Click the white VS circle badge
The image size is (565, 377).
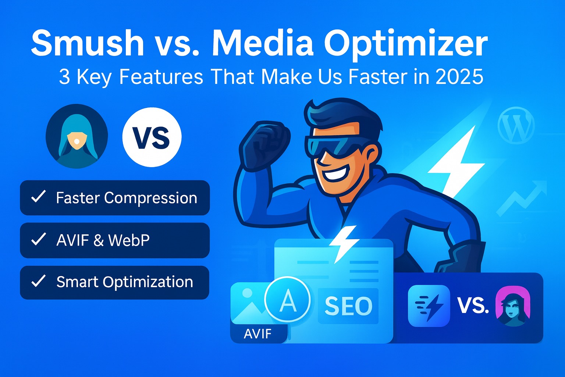pos(152,137)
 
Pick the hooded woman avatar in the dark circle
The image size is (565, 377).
pos(77,137)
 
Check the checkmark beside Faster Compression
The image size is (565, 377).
pos(38,197)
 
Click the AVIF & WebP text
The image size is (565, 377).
pos(103,240)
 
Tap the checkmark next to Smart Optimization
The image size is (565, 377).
pos(38,281)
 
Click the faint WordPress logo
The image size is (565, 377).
pos(516,126)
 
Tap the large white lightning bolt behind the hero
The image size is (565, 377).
pos(456,162)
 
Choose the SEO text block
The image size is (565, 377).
pos(348,306)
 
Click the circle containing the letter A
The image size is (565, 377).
pos(287,300)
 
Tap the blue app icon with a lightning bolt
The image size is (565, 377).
pos(429,306)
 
